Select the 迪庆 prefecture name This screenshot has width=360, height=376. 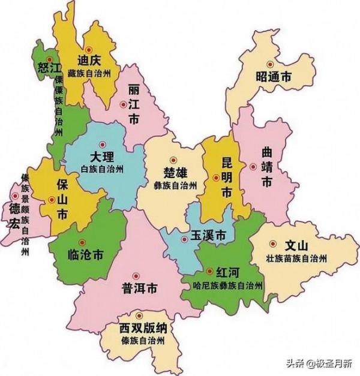coord(91,61)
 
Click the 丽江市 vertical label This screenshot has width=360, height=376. coord(134,106)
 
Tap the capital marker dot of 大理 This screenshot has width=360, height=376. coord(102,143)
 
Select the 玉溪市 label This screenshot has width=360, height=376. coord(208,236)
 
